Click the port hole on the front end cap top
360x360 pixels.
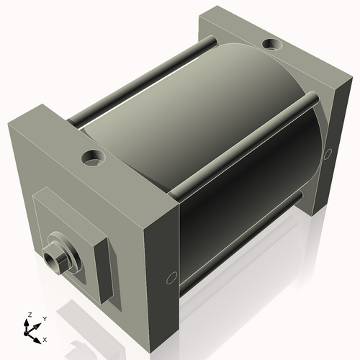coord(93,156)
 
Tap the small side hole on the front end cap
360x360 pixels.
coord(171,277)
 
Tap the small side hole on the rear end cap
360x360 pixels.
coord(328,153)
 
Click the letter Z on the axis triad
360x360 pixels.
coord(29,315)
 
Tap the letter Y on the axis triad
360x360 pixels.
coord(44,318)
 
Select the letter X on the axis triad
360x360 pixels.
coord(45,338)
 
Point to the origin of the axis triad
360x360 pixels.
coord(30,330)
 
